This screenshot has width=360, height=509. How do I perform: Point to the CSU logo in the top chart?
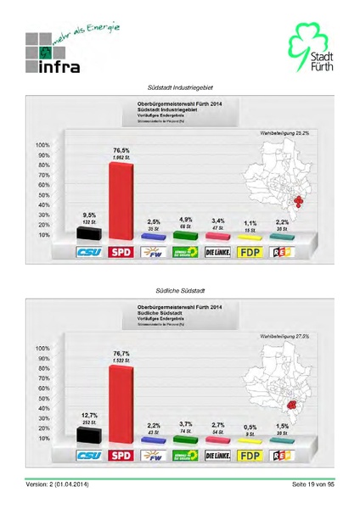(x=89, y=252)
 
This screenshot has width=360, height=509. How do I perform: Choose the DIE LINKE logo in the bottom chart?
(x=218, y=456)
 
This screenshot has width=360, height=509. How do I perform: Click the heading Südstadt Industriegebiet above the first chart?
(x=180, y=87)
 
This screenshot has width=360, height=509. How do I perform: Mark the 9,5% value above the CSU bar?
(x=88, y=215)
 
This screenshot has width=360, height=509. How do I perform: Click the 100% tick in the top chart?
(x=42, y=145)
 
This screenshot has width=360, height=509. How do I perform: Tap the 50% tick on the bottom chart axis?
(x=42, y=398)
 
